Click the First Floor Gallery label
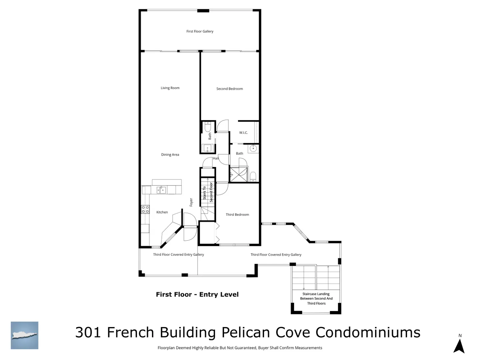pyautogui.click(x=200, y=31)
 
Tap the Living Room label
pyautogui.click(x=170, y=88)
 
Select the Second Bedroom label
pyautogui.click(x=229, y=89)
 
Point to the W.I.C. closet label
pyautogui.click(x=243, y=132)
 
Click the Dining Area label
pyautogui.click(x=170, y=155)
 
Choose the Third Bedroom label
pyautogui.click(x=237, y=214)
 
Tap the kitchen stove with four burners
pyautogui.click(x=145, y=209)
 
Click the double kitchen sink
pyautogui.click(x=161, y=190)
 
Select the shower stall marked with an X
pyautogui.click(x=238, y=174)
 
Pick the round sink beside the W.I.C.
pyautogui.click(x=253, y=149)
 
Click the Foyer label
pyautogui.click(x=191, y=202)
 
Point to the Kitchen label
pyautogui.click(x=162, y=212)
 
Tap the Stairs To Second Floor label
pyautogui.click(x=208, y=192)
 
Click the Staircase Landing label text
pyautogui.click(x=316, y=299)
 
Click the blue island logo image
pyautogui.click(x=24, y=335)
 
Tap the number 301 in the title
pyautogui.click(x=88, y=332)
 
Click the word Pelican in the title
pyautogui.click(x=246, y=332)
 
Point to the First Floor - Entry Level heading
pyautogui.click(x=197, y=294)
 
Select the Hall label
pyautogui.click(x=216, y=158)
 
